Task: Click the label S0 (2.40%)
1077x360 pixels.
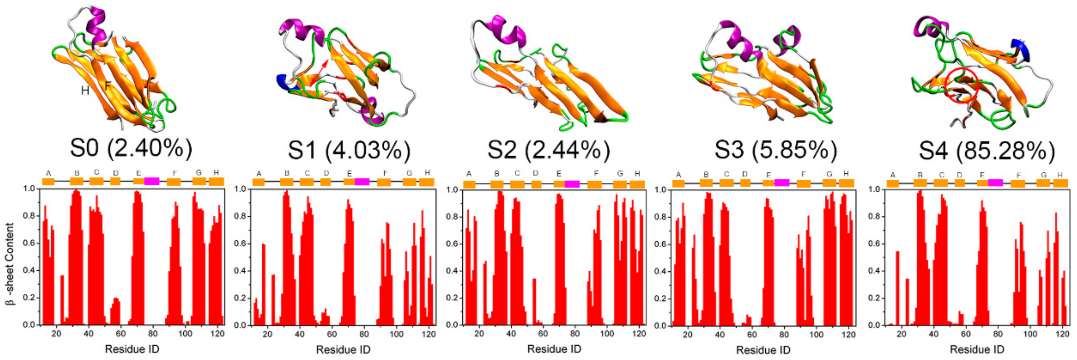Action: coord(131,148)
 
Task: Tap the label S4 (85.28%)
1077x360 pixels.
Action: coord(987,151)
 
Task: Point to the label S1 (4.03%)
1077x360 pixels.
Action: coord(349,150)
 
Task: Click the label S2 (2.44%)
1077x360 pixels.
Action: coord(548,150)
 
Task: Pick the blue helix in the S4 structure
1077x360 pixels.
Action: coord(1020,49)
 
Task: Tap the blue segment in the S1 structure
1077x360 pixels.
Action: coord(285,82)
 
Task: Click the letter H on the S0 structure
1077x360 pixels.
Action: coord(85,90)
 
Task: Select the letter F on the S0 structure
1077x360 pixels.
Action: coord(108,86)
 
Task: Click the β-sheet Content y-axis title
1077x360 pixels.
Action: coord(11,263)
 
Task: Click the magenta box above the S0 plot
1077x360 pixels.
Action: coord(152,181)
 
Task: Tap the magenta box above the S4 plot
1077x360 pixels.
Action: coord(995,182)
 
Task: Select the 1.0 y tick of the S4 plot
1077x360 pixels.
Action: coord(874,189)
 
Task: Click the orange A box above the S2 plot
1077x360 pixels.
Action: coord(469,184)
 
